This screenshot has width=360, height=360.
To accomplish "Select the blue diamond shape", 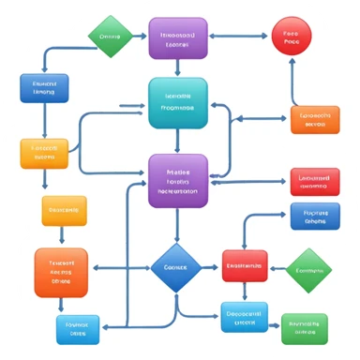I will (177, 266).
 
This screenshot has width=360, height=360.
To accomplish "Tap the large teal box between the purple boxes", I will (178, 101).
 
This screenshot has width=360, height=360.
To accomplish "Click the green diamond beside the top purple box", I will (111, 37).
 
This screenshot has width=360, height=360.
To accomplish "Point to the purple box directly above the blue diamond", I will (178, 180).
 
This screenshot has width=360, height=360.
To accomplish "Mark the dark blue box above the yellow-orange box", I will (44, 88).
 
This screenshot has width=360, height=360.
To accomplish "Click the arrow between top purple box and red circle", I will (239, 37).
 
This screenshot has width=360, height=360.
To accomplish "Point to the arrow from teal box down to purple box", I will (178, 141).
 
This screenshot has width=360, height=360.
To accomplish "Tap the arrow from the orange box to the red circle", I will (292, 82).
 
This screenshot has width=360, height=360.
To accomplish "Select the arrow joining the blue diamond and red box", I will (211, 266).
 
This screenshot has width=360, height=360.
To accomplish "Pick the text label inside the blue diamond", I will (177, 266).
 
